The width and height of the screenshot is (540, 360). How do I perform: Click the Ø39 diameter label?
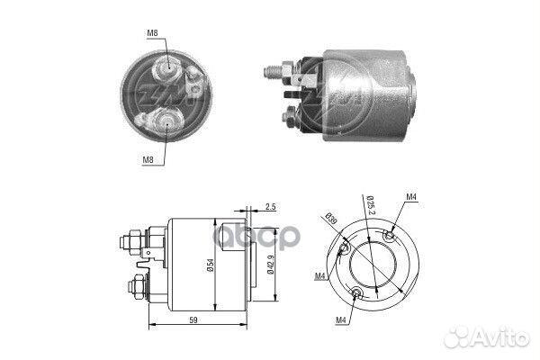point(331,218)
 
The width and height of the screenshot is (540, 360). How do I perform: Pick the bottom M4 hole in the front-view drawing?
point(357,293)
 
